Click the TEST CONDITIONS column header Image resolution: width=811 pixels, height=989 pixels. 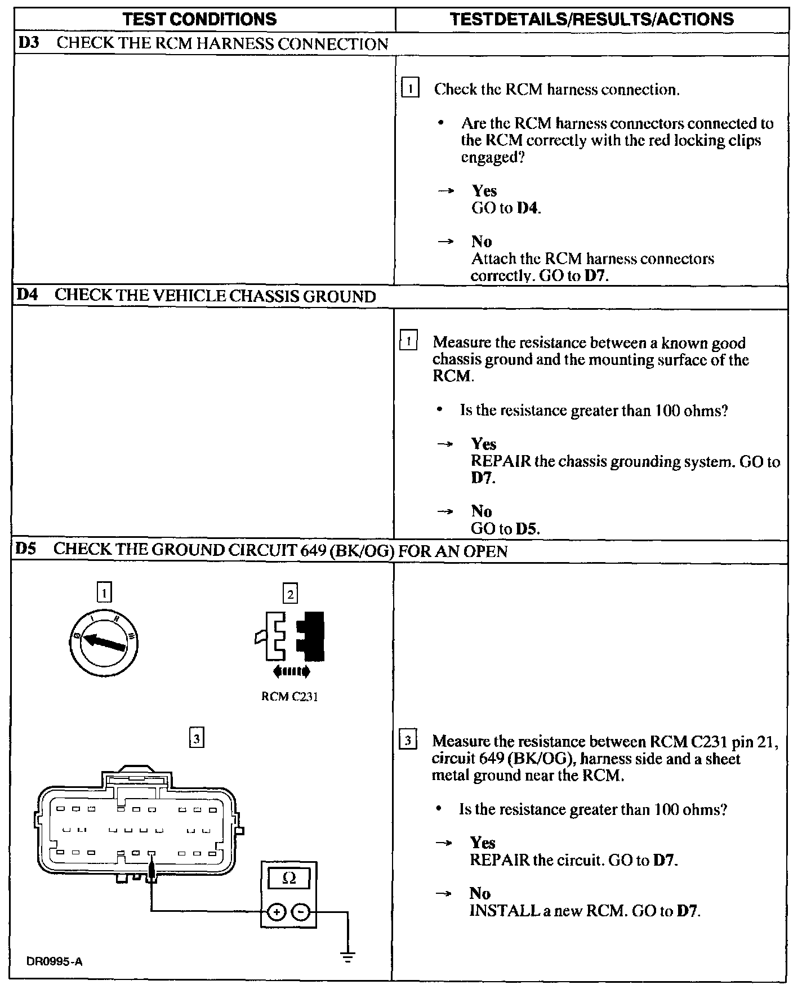point(200,19)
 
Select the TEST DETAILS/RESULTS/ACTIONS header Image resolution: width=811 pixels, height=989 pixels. point(592,19)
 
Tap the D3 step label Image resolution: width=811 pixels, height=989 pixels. point(28,43)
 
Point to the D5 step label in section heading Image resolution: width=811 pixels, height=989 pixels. point(26,549)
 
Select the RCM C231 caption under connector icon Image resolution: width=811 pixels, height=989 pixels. point(289,697)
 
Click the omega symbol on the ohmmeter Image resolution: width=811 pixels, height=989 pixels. point(289,878)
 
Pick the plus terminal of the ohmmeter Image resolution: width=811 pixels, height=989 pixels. point(275,912)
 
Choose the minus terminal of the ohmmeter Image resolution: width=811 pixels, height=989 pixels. point(302,912)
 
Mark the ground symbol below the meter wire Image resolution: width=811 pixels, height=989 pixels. point(348,956)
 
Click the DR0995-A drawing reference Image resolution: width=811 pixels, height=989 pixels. point(54,961)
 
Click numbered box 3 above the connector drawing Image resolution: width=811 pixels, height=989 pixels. point(196,738)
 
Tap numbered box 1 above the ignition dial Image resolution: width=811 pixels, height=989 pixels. point(105,592)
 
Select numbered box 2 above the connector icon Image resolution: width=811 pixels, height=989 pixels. point(290,594)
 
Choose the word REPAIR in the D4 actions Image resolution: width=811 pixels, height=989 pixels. point(501,461)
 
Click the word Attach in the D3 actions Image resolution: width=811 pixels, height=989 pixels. point(491,259)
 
